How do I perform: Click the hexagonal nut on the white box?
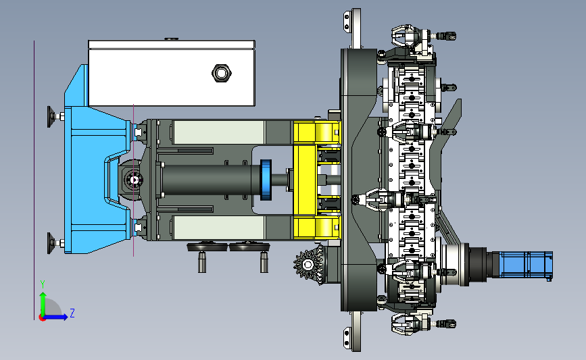(222, 73)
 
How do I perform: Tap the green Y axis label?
(43, 284)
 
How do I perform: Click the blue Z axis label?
(72, 313)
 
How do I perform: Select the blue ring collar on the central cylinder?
(266, 180)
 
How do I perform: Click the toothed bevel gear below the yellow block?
(308, 264)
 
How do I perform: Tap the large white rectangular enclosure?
(172, 73)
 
